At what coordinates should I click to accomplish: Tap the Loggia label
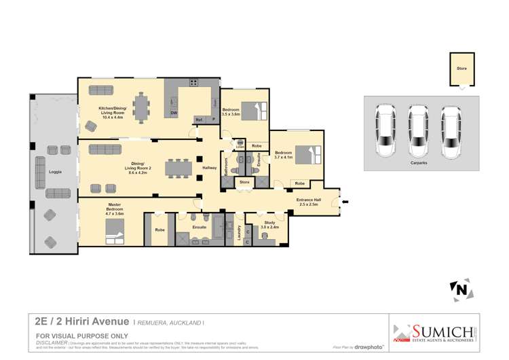[56, 172]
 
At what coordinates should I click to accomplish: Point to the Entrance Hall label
[309, 202]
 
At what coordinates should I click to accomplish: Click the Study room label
[270, 225]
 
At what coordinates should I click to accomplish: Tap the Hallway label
[210, 167]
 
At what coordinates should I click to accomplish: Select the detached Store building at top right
[461, 71]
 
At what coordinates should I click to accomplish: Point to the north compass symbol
[461, 290]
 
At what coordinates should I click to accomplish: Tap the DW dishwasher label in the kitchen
[174, 113]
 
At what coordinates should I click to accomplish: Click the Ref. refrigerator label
[200, 120]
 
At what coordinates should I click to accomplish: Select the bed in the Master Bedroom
[114, 231]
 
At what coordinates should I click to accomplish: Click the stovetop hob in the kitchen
[193, 83]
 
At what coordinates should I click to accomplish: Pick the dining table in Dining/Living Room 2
[178, 167]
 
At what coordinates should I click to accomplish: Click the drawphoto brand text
[369, 346]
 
